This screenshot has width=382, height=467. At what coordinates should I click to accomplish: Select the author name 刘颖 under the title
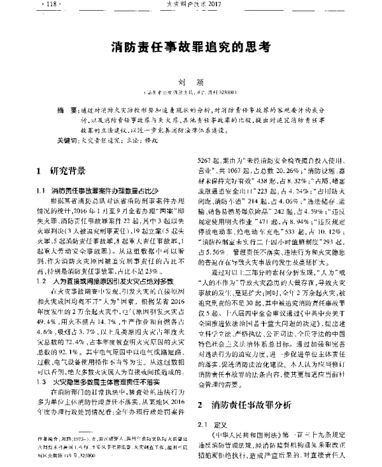tap(190, 82)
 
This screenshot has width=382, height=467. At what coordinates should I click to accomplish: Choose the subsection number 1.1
tap(38, 190)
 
